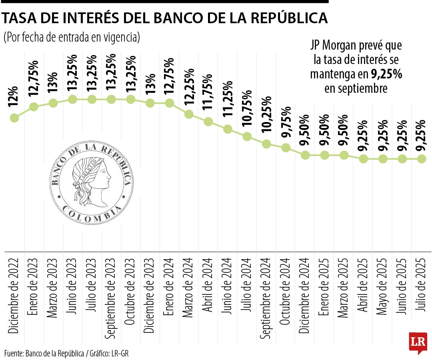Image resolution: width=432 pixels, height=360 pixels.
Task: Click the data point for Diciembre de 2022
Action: [x=14, y=118]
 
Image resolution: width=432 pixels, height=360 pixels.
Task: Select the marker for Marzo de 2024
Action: [x=189, y=114]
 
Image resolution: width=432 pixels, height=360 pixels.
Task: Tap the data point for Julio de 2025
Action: [x=421, y=159]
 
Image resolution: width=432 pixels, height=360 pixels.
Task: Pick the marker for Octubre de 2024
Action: [x=286, y=148]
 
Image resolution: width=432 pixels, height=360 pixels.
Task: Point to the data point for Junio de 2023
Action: [x=72, y=99]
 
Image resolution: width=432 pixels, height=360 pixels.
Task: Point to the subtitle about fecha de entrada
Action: [x=72, y=37]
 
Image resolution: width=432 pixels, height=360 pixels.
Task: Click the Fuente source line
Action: [x=66, y=353]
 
